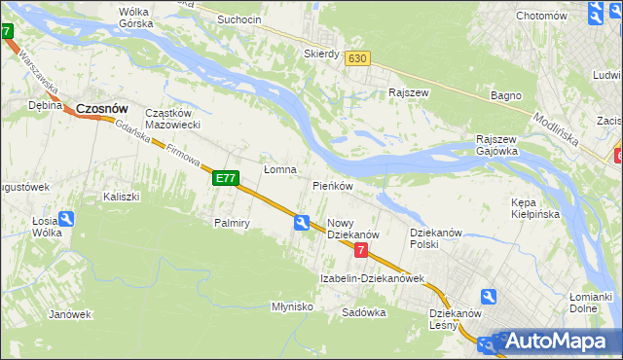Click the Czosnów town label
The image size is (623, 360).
pyautogui.click(x=102, y=109)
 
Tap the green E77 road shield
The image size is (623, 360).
pyautogui.click(x=225, y=178)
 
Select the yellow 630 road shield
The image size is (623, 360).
pyautogui.click(x=357, y=58)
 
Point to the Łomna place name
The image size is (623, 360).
pyautogui.click(x=279, y=169)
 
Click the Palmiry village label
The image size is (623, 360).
pyautogui.click(x=233, y=223)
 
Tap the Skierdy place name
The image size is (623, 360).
pyautogui.click(x=321, y=54)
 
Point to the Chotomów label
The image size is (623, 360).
pyautogui.click(x=541, y=16)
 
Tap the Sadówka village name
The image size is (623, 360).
pyautogui.click(x=364, y=313)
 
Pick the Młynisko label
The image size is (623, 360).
pyautogui.click(x=292, y=306)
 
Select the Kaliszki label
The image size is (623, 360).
pyautogui.click(x=122, y=197)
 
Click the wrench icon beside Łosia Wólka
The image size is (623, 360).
pyautogui.click(x=65, y=220)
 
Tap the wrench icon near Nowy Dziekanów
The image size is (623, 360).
pyautogui.click(x=303, y=224)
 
